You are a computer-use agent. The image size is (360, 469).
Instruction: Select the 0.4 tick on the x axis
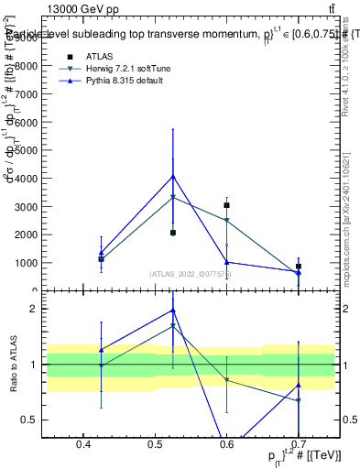tap(83, 445)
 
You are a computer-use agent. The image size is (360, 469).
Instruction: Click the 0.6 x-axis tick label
tap(226, 445)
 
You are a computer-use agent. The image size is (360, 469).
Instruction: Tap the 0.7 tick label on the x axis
tap(298, 445)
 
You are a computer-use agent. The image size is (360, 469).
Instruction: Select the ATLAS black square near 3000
tap(226, 205)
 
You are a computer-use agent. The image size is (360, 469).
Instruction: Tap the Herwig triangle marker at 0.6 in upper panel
tap(226, 221)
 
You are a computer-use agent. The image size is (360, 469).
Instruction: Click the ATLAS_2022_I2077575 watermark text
tap(190, 273)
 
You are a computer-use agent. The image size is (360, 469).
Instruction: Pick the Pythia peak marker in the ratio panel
tap(173, 311)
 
